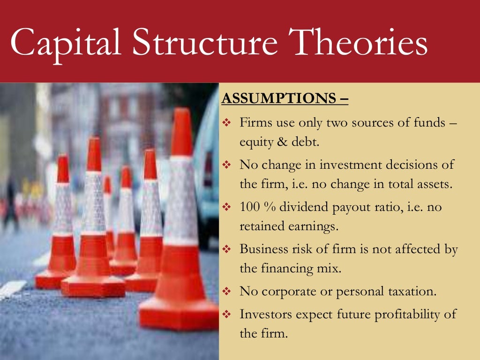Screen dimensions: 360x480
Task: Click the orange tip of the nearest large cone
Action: coord(182,131)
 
